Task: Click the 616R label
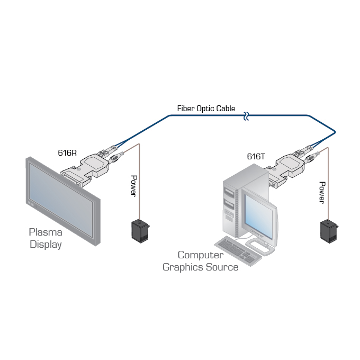point(67,153)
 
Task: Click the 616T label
point(256,157)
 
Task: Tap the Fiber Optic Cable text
point(206,109)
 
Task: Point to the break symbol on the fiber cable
point(246,116)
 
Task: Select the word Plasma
point(46,232)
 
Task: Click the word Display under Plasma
point(46,245)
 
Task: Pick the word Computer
point(201,255)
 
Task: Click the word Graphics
point(183,267)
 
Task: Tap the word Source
point(222,267)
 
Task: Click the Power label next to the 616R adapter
point(134,186)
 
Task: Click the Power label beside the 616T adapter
point(322,192)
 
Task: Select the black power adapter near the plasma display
point(140,231)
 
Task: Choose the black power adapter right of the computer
point(329,232)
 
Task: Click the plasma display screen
point(61,200)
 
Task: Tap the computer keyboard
point(238,251)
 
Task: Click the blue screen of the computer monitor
point(258,216)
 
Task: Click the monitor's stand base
point(260,247)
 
